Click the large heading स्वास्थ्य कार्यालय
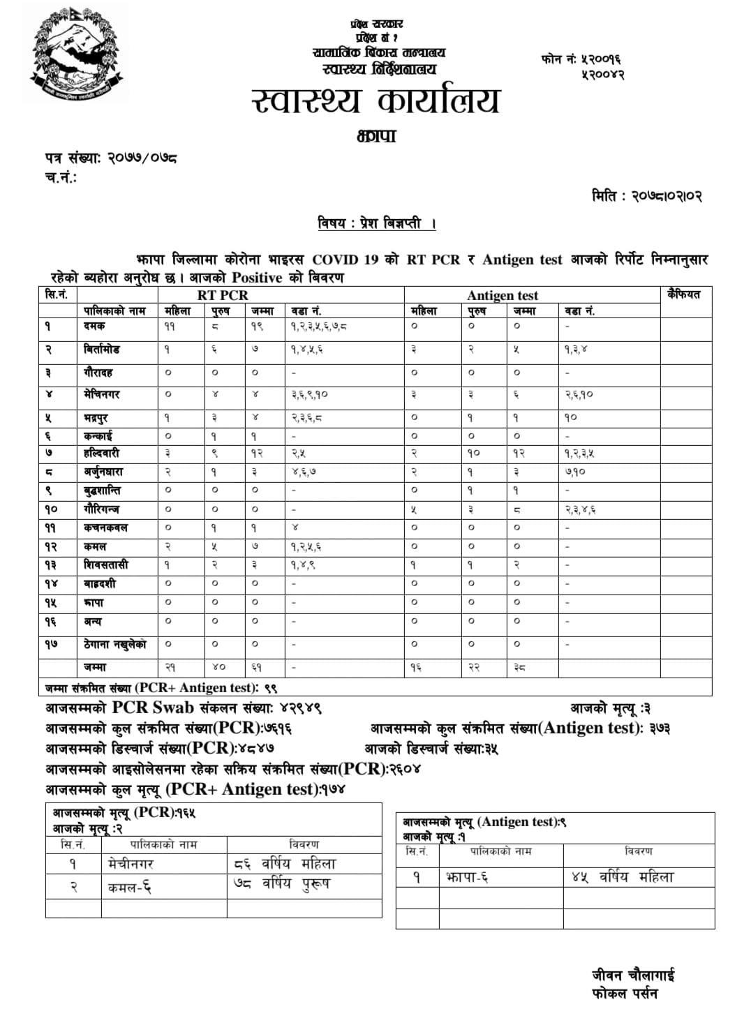click(376, 101)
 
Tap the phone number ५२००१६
click(601, 59)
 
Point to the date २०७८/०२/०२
click(667, 196)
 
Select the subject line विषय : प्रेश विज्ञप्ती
click(376, 224)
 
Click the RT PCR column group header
click(223, 295)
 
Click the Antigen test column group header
click(503, 296)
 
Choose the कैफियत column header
click(683, 294)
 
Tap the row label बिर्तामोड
click(101, 349)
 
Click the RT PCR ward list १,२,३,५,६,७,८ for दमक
click(319, 326)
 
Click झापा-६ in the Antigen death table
click(467, 877)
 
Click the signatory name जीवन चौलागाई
click(633, 976)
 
